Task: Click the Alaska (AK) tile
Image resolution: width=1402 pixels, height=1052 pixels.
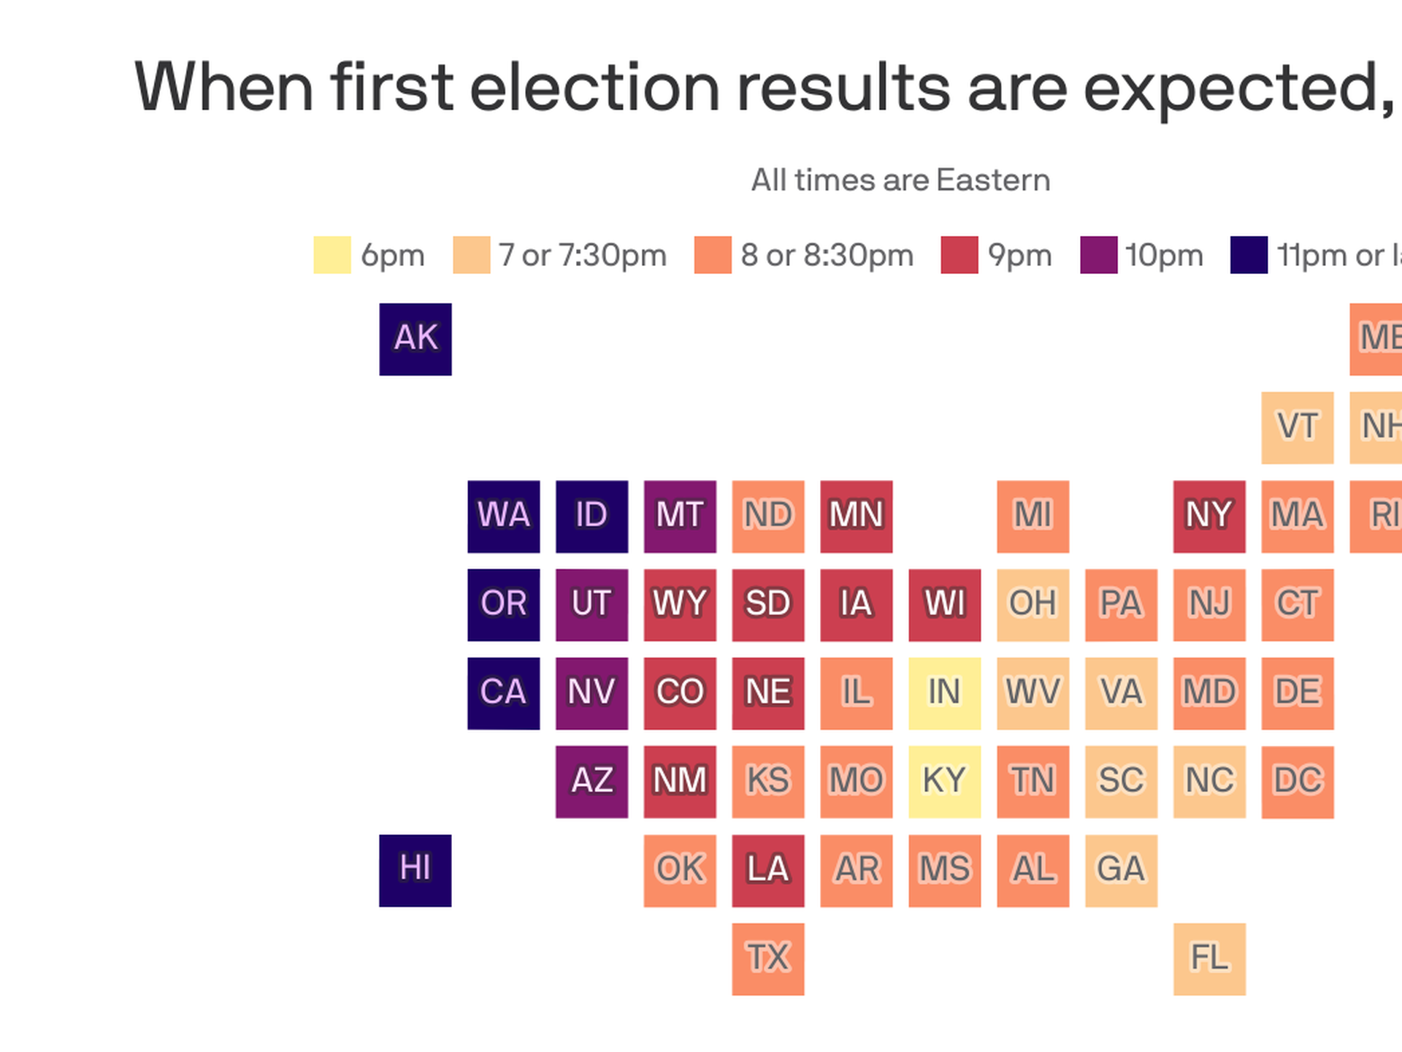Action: coord(415,339)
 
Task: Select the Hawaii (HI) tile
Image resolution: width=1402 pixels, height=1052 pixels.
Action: coord(415,870)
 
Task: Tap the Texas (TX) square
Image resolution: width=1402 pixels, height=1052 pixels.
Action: coord(767,958)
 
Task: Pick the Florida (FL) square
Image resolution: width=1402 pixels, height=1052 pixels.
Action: coord(1209,958)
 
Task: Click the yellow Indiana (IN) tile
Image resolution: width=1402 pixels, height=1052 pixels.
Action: coord(944,693)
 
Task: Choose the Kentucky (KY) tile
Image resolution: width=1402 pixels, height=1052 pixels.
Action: coord(944,782)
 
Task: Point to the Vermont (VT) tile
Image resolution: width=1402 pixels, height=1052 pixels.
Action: coord(1297,427)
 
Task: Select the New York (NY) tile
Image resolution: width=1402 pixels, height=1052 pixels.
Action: coord(1209,516)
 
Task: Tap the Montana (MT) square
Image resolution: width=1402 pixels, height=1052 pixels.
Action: coord(679,516)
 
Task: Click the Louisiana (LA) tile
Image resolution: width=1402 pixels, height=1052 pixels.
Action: coord(767,870)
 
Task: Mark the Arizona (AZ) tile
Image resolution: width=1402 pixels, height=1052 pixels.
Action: coord(591,782)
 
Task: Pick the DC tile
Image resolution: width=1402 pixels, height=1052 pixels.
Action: coord(1297,782)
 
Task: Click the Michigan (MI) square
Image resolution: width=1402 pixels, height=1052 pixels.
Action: coord(1033,516)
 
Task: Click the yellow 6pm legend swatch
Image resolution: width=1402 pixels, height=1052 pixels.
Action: coord(332,255)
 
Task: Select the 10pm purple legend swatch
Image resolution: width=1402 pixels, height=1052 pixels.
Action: coord(1098,255)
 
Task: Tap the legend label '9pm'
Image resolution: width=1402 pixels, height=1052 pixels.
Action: coord(1019,256)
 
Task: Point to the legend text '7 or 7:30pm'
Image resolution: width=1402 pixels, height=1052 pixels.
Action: coord(583,256)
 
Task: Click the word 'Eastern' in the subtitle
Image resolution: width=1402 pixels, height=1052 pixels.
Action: coord(993,180)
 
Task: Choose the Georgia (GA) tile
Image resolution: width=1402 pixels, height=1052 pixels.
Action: coord(1121,870)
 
